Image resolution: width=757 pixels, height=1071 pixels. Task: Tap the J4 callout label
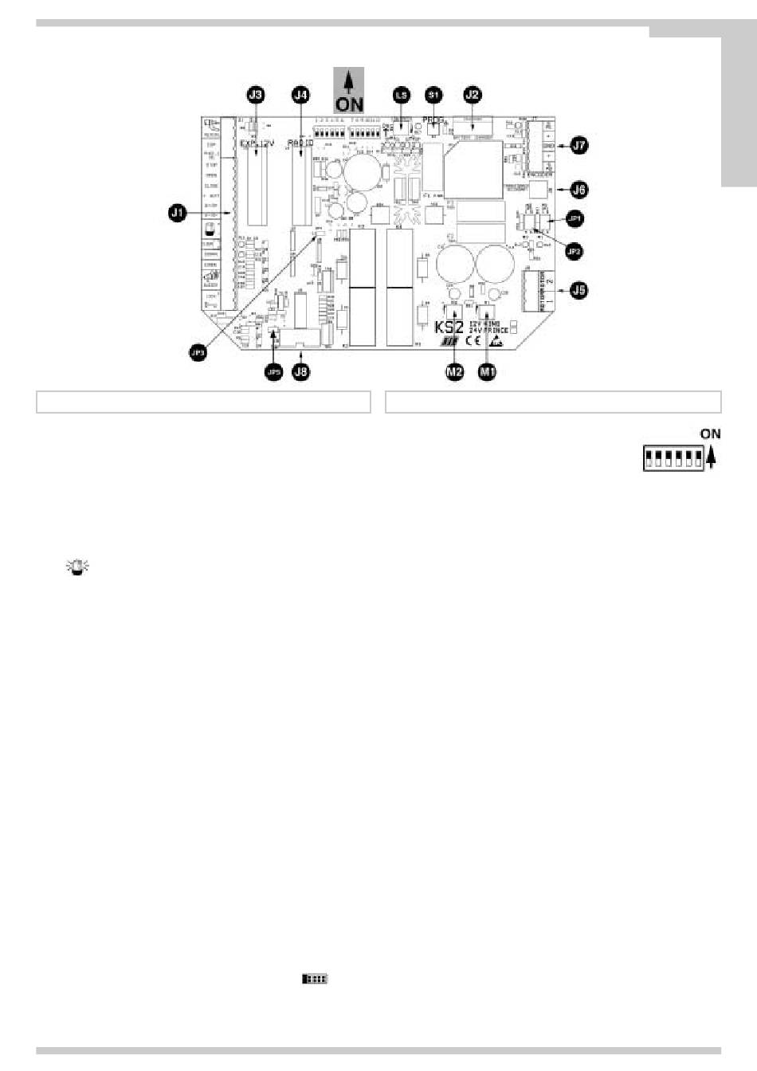tap(300, 95)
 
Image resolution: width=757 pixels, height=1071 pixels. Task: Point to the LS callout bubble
tap(400, 95)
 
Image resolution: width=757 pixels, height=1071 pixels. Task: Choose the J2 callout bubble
tap(472, 95)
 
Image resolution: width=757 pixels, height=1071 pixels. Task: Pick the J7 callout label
tap(579, 146)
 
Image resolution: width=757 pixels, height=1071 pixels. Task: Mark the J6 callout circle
tap(579, 190)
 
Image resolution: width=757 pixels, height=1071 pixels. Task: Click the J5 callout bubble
tap(579, 290)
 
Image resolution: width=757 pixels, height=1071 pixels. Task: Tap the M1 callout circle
tap(486, 371)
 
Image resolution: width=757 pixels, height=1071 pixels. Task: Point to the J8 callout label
tap(300, 371)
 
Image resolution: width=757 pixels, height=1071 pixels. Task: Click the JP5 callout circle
tap(273, 371)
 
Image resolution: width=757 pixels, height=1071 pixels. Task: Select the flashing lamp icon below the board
tap(78, 567)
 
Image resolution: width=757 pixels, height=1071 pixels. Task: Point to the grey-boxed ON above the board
tap(348, 90)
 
